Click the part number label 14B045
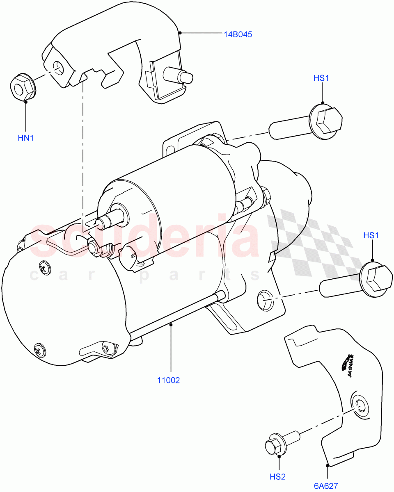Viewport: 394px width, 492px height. point(238,34)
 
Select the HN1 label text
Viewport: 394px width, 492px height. point(25,138)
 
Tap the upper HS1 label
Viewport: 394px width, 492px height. point(322,78)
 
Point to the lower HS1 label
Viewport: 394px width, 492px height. point(371,235)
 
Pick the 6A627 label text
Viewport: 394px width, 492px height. point(326,486)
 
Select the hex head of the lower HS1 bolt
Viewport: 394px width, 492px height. point(376,280)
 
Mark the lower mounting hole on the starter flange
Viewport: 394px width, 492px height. point(265,300)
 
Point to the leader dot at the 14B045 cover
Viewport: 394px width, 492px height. point(180,32)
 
